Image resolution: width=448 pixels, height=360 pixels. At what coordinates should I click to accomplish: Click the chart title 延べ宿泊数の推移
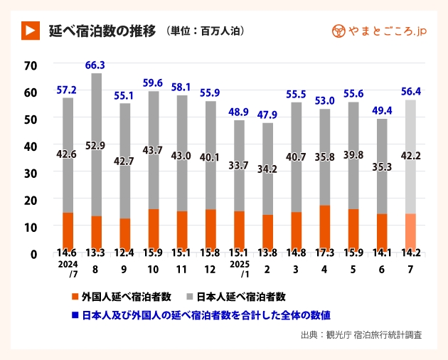point(102,31)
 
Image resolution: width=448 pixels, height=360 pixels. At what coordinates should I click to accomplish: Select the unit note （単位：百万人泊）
point(206,31)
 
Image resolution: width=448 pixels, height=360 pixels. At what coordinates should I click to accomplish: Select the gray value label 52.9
point(95,146)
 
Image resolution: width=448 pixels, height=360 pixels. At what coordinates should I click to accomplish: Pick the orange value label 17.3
point(325,253)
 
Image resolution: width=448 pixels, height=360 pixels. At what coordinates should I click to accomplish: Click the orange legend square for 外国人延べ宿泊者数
point(75,295)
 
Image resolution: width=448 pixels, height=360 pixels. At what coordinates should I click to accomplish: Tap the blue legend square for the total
point(75,314)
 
